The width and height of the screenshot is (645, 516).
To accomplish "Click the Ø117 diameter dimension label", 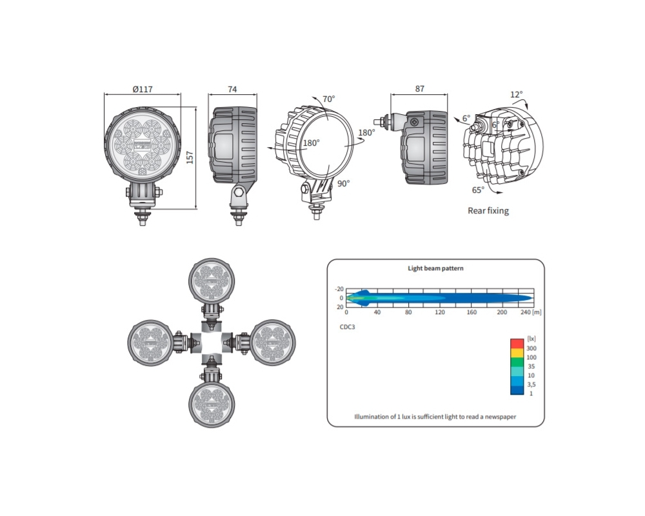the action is pyautogui.click(x=143, y=89).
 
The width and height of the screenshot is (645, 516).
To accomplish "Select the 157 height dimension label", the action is pyautogui.click(x=190, y=157).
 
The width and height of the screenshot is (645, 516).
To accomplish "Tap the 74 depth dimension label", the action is pyautogui.click(x=232, y=89).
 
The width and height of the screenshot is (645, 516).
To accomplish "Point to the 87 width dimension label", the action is pyautogui.click(x=420, y=89).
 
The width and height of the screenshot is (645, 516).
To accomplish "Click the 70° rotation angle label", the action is pyautogui.click(x=329, y=99).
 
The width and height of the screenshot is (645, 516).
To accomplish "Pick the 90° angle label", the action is pyautogui.click(x=344, y=184).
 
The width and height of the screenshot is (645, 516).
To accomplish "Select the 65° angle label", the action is pyautogui.click(x=478, y=190).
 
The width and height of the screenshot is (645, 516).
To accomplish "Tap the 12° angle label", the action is pyautogui.click(x=516, y=95).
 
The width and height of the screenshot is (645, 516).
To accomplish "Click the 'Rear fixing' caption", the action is pyautogui.click(x=488, y=211).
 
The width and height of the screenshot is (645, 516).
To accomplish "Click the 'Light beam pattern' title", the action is pyautogui.click(x=435, y=268).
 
